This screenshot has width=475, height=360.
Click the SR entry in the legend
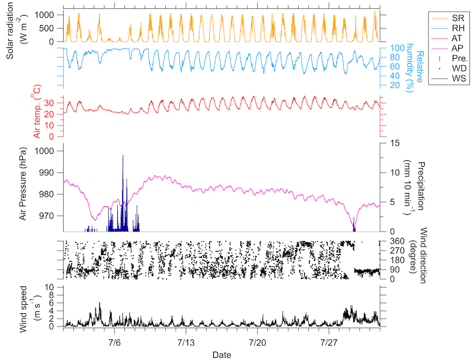tap(451, 18)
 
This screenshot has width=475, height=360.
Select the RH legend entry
tap(451, 28)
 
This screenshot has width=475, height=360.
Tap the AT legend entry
tap(451, 38)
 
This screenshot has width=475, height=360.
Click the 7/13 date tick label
tap(186, 341)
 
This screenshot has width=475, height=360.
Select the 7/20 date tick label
tap(257, 341)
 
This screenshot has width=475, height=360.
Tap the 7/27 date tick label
tap(329, 341)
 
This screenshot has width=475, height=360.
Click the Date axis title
tap(222, 354)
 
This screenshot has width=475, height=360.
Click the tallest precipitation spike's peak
tap(123, 156)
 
